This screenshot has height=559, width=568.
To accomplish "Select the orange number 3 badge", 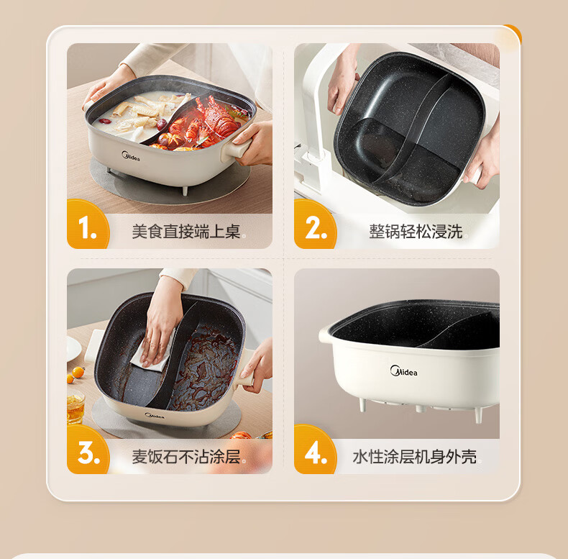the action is (x=88, y=450).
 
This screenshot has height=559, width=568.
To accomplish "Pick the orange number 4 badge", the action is (x=315, y=450).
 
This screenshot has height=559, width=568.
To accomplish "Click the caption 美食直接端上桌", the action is (x=185, y=231).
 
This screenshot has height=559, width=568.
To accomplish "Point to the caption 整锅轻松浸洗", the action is (x=416, y=231).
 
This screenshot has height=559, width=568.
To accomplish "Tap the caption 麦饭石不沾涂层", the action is (x=185, y=456).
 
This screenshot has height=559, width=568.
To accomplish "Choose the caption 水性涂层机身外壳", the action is (x=414, y=456).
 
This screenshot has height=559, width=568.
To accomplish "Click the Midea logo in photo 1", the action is (x=130, y=156).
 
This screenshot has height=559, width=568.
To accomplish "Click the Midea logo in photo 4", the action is (x=403, y=371).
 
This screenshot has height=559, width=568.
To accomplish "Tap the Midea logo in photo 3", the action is (x=155, y=416).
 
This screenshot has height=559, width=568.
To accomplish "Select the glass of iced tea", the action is (x=75, y=408).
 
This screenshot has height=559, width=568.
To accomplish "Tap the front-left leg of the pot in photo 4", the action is (x=362, y=404).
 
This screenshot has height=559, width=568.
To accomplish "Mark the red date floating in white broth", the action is (x=106, y=121).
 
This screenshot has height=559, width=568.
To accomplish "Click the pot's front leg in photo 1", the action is (x=185, y=191).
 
